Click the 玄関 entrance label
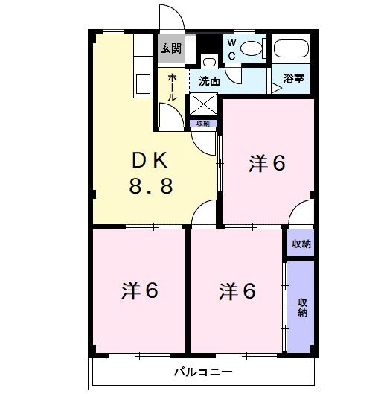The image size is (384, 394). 171,48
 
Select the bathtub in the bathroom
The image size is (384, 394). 291,48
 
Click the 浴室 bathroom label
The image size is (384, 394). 294,79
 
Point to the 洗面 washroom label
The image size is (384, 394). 209,81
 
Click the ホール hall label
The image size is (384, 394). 172,87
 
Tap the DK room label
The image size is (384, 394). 150,161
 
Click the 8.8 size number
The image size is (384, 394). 151,186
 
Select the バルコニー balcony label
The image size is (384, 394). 203,372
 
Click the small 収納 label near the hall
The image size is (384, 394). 203,124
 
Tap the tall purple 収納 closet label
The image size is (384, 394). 302,308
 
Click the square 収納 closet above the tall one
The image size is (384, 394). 301,243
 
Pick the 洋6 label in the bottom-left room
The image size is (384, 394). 140,290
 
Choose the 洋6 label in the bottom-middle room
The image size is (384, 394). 237,291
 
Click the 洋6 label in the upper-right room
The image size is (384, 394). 266,163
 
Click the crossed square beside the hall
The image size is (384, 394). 203,104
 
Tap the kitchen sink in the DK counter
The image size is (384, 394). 143,84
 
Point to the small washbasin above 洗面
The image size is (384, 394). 209,62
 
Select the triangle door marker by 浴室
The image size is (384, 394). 277,88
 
